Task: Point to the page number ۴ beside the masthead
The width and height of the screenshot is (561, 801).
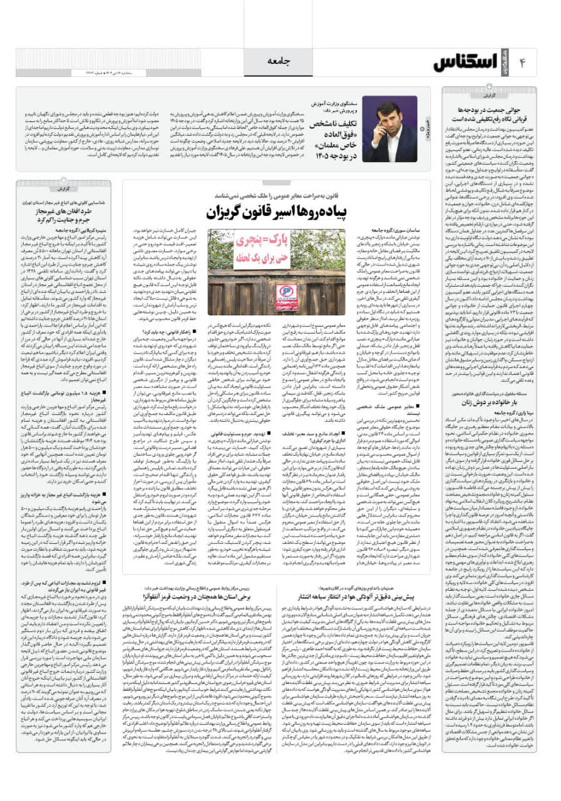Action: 522,63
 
